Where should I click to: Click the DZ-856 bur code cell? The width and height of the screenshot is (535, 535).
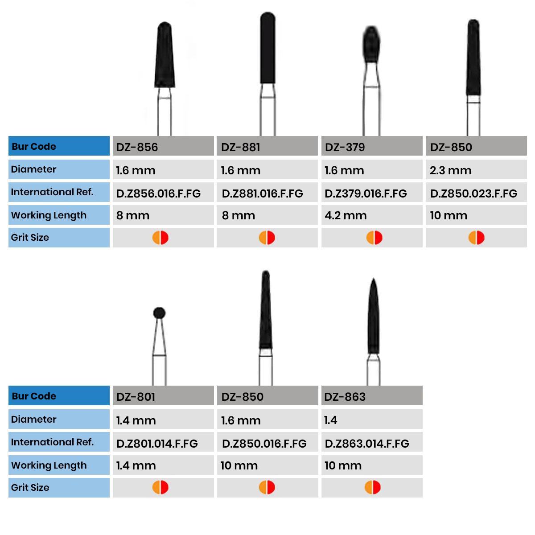point(163,147)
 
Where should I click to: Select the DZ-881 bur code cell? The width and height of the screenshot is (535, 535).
point(267,147)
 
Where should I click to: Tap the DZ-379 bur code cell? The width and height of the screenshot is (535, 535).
point(372,147)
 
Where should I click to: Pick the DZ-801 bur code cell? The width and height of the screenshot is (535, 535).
point(163,396)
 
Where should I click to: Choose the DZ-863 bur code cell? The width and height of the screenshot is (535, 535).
point(372,396)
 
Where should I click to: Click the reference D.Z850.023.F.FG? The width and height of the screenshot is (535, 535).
point(473,193)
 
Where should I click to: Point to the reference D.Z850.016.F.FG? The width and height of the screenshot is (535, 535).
point(264,444)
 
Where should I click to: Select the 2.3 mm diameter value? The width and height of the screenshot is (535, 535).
point(450,170)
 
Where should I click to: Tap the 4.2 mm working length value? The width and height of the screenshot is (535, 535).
point(346,216)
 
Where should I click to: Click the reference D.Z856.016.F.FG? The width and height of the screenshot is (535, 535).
point(158,193)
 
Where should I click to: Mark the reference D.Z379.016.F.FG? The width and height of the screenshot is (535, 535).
point(366,193)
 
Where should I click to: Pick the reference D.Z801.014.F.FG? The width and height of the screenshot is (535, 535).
point(157,444)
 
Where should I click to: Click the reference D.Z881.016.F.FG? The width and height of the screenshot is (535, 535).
point(263,193)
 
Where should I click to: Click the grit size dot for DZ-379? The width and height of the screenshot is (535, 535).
point(374,238)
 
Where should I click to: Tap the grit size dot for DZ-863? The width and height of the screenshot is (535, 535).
point(373,487)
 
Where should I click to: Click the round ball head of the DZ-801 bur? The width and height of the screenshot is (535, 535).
point(159,313)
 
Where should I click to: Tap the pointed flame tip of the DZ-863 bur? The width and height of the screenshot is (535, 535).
point(373,285)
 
